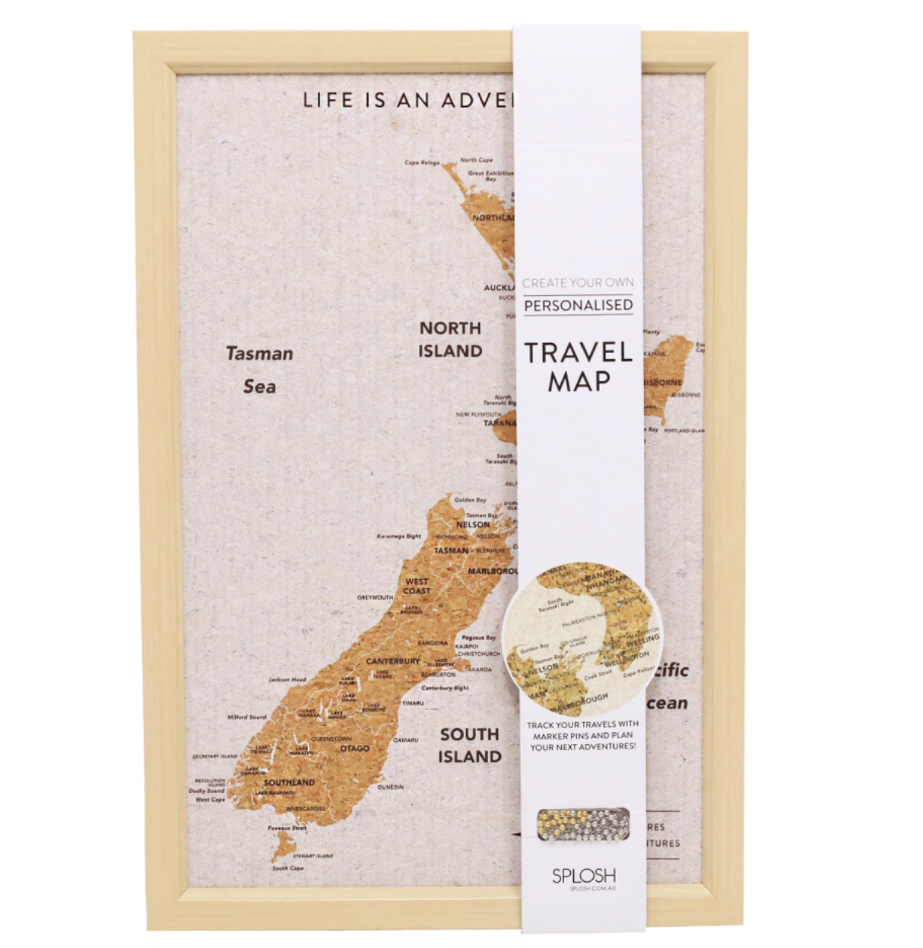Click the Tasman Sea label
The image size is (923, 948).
tap(259, 370)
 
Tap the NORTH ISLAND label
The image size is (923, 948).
tap(450, 339)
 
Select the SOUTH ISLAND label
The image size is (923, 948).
tap(470, 746)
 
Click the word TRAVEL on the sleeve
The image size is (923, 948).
tap(579, 352)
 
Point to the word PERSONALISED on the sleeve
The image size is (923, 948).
tap(579, 305)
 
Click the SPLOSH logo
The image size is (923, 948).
tap(584, 876)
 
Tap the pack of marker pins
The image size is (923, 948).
tap(583, 823)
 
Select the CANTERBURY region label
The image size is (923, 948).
tap(392, 660)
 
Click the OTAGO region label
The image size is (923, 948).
tap(354, 749)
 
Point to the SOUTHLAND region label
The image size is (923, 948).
tap(289, 782)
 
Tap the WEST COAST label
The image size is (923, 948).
tap(417, 586)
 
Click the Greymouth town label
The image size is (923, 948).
tap(375, 597)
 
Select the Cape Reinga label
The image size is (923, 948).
tap(422, 163)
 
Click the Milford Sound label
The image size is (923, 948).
tap(247, 717)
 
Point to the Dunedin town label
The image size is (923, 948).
tap(391, 787)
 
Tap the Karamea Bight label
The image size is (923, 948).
tap(398, 536)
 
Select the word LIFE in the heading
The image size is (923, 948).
tap(328, 100)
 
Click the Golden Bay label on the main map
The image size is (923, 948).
tap(470, 500)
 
